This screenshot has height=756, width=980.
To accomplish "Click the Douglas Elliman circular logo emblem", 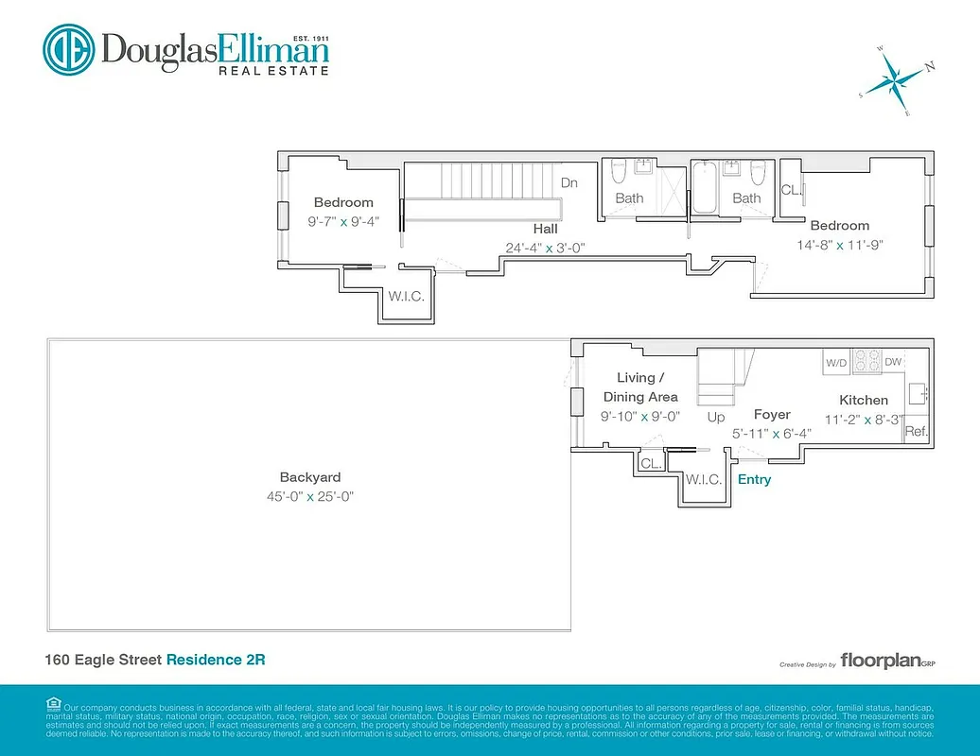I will coord(68,49).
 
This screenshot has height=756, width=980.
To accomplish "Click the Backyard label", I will coord(309,477).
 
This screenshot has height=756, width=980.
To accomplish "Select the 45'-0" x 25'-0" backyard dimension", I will coord(309,496).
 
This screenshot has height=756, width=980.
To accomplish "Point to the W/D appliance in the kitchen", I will coord(836,362).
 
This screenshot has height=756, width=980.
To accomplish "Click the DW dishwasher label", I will coord(893,362).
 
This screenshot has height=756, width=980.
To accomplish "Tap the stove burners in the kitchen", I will coord(866,361).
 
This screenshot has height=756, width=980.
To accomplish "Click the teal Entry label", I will coord(754,479).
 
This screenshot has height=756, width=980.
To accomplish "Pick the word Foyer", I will coord(771,414).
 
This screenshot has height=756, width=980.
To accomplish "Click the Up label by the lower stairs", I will coord(716,417).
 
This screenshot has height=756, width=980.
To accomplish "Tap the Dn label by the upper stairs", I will coord(569,182).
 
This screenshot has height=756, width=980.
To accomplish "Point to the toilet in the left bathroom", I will coord(619,173).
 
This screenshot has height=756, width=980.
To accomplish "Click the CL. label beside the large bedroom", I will coord(791,190).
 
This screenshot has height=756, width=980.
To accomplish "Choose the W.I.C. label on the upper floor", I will coord(405,296).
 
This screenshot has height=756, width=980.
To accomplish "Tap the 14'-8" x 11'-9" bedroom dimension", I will coord(839,245).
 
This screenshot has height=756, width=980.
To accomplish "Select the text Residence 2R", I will coord(216,659).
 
